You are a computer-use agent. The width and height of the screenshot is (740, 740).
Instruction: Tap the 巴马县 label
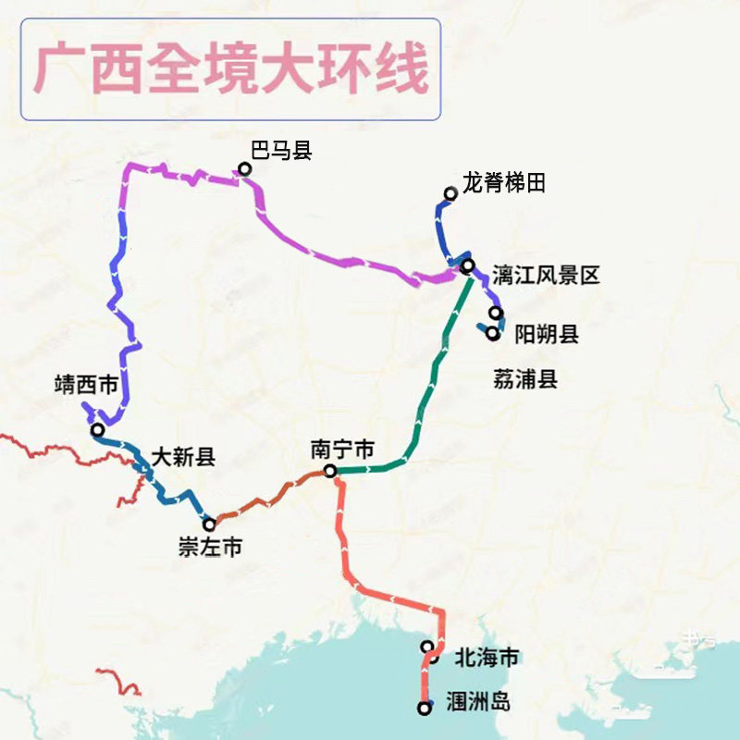281,151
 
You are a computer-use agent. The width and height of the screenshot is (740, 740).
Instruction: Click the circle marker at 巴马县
244,169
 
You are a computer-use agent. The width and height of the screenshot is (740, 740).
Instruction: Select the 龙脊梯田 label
504,183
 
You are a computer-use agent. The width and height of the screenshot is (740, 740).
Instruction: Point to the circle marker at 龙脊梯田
450,193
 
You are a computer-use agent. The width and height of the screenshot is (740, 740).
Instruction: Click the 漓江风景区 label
547,274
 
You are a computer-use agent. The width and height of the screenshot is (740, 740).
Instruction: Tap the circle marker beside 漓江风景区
468,265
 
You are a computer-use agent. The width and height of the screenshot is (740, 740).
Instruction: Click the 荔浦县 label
525,378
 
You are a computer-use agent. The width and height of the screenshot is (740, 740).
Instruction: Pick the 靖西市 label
86,385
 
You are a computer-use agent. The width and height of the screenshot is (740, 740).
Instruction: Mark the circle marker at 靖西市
97,430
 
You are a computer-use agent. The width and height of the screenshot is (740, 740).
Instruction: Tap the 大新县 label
183,456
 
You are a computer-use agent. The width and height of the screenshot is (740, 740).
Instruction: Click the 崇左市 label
210,548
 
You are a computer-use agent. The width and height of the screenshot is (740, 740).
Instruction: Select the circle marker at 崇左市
210,524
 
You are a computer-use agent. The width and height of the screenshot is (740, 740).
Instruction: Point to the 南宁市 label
342,450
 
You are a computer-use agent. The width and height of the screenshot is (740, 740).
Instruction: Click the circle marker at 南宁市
330,472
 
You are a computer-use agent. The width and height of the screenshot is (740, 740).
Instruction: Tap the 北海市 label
487,659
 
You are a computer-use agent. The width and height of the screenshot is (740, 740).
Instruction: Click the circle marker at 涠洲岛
425,709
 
